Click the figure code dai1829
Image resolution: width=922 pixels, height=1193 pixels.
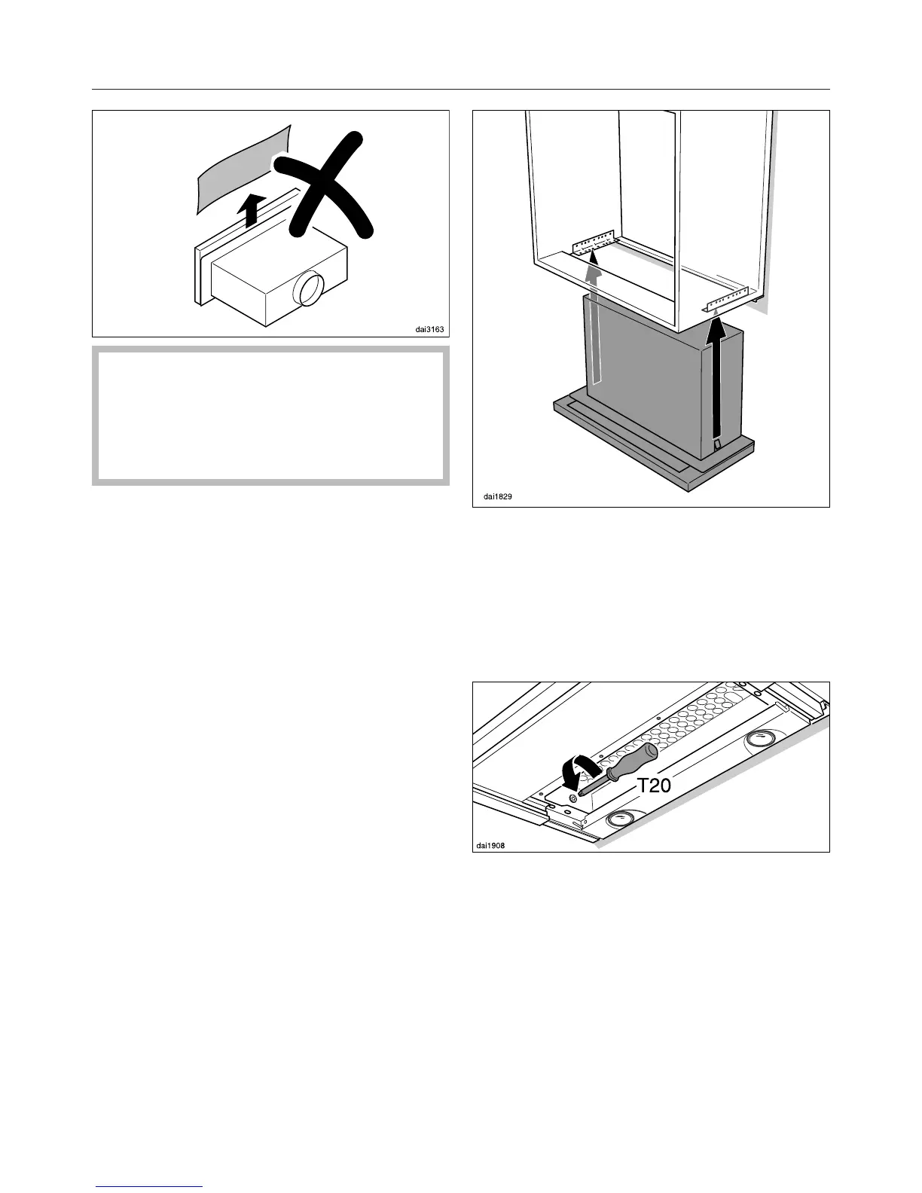[x=498, y=497]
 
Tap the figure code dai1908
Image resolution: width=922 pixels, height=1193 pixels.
[x=490, y=845]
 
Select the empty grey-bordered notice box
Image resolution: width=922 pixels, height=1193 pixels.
[x=270, y=415]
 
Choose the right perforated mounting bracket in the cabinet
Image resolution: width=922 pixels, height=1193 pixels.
[x=726, y=299]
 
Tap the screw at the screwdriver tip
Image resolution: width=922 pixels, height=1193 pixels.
[x=574, y=798]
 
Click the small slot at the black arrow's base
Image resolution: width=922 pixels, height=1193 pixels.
[x=717, y=446]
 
